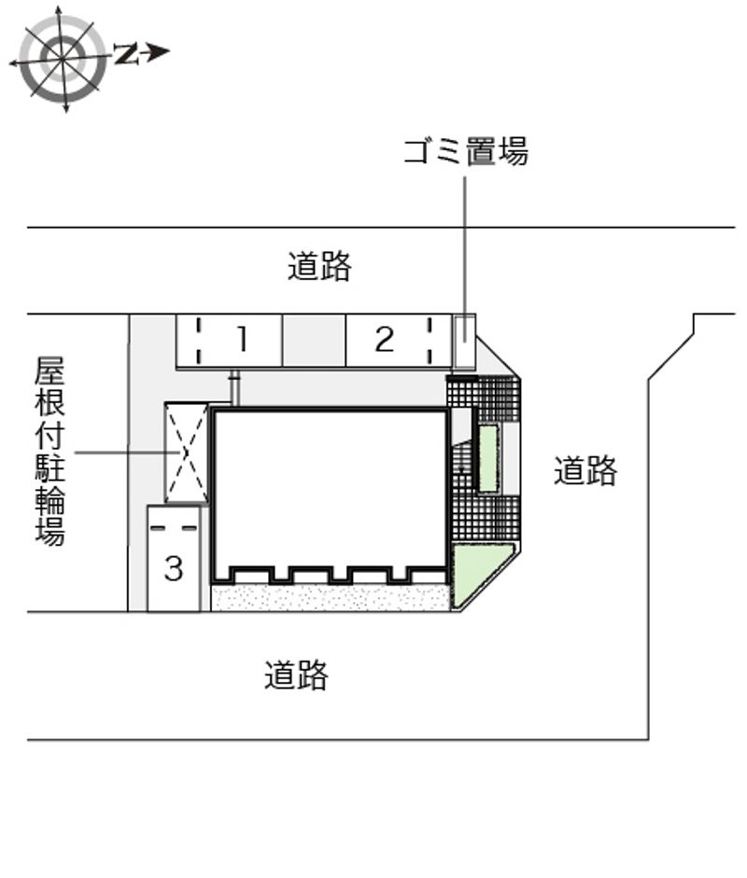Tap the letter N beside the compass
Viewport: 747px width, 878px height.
click(x=127, y=54)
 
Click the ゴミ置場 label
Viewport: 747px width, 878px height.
click(x=466, y=151)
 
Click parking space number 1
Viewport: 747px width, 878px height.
click(x=229, y=341)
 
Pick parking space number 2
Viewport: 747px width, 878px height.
click(x=399, y=341)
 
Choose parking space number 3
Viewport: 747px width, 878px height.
click(x=174, y=558)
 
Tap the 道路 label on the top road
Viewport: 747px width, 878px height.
click(x=319, y=266)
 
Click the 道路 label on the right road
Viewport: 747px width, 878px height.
click(x=585, y=470)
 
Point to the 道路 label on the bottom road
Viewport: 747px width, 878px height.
click(x=296, y=675)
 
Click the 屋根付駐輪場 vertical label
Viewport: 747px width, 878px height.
click(x=50, y=451)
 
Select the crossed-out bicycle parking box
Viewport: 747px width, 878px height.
click(x=187, y=453)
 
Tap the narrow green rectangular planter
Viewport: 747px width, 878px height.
click(x=488, y=459)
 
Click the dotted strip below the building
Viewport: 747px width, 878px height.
click(x=331, y=597)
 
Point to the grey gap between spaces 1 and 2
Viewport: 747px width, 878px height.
click(x=314, y=341)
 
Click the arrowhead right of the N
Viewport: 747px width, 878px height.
click(x=159, y=52)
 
